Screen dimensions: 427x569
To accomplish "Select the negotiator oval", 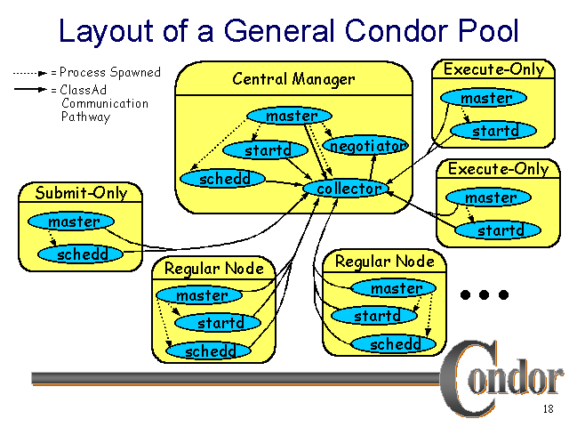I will tap(366, 145).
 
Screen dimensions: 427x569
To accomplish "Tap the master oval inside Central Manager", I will tap(291, 117).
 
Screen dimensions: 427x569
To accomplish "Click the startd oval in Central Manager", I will tap(268, 150).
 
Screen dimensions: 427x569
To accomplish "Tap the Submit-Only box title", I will tap(81, 193).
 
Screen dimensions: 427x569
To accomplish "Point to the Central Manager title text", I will tap(293, 79).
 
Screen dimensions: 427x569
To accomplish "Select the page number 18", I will tap(548, 410).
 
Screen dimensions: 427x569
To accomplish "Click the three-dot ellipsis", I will tap(485, 294).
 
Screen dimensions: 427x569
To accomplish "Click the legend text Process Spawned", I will tap(109, 72).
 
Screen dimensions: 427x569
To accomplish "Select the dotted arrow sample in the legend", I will tap(29, 72).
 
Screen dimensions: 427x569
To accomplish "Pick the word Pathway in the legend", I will tap(85, 117).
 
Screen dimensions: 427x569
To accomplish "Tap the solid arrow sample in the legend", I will tap(29, 90).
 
